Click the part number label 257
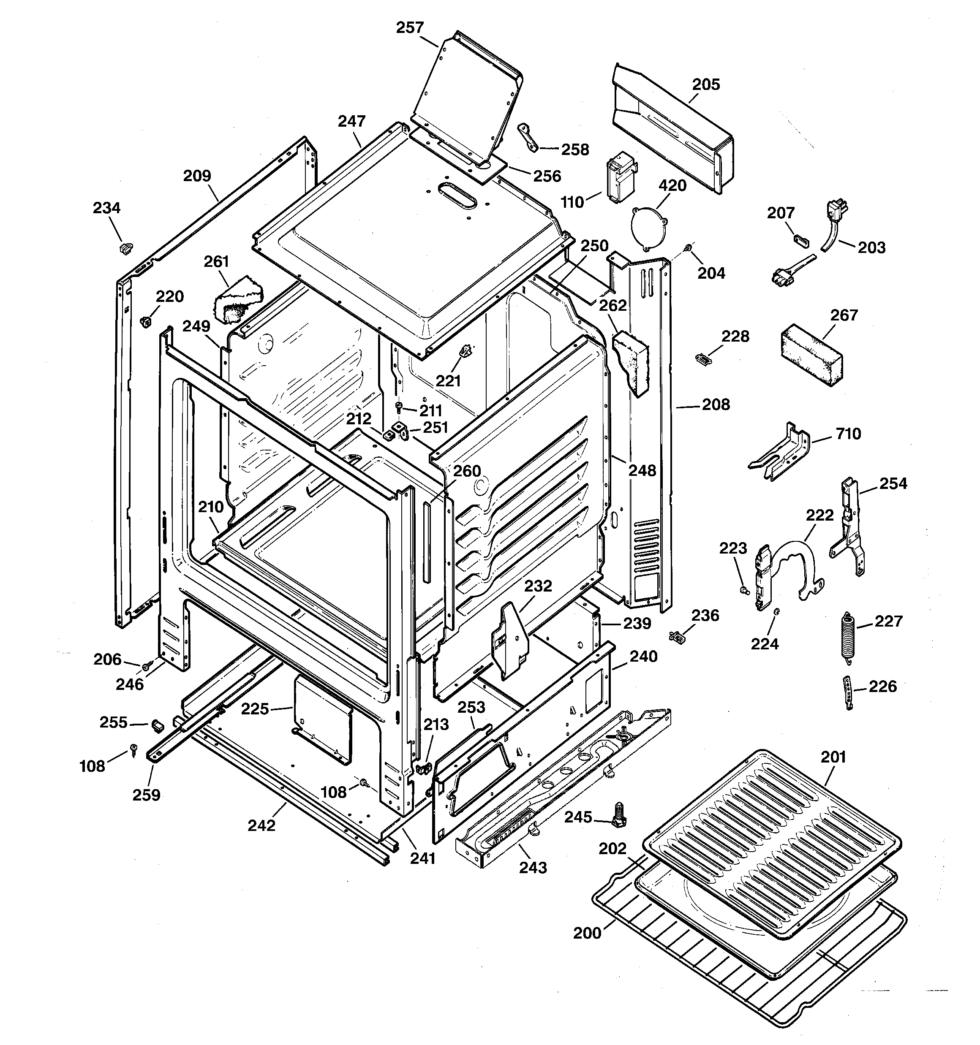pyautogui.click(x=410, y=27)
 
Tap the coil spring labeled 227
pyautogui.click(x=846, y=635)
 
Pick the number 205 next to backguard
pyautogui.click(x=705, y=84)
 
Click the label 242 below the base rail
pyautogui.click(x=261, y=825)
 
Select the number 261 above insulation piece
pyautogui.click(x=216, y=261)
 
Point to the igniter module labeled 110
pyautogui.click(x=621, y=177)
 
